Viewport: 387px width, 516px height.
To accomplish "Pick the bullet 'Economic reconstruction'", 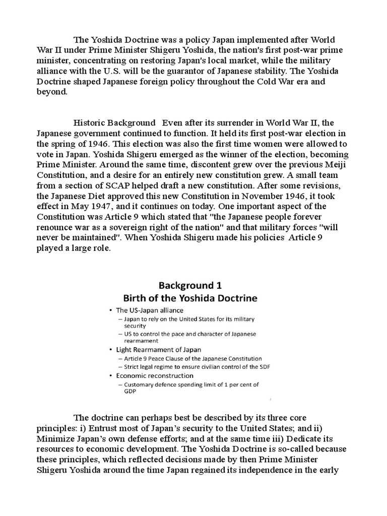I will tap(148, 375).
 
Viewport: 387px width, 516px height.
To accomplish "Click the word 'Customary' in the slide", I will tap(141, 385).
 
